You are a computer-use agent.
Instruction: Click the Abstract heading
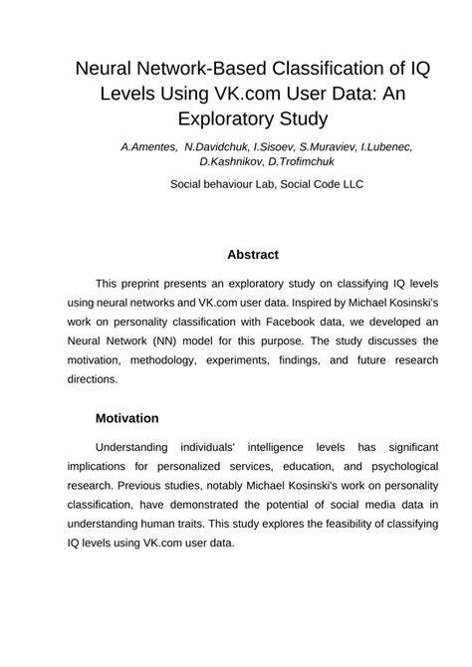pyautogui.click(x=252, y=254)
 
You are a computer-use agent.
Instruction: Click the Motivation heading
pyautogui.click(x=140, y=418)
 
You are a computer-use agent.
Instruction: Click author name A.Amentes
pyautogui.click(x=149, y=146)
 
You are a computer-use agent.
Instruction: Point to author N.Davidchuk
pyautogui.click(x=217, y=146)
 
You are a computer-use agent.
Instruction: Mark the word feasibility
pyautogui.click(x=311, y=525)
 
